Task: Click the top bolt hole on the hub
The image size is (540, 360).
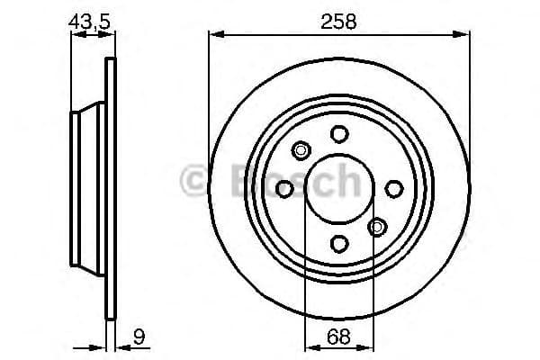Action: (338, 134)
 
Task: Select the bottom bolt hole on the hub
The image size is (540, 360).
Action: (338, 243)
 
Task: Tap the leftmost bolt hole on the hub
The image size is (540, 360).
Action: (284, 188)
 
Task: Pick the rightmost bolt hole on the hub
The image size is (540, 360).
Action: (393, 188)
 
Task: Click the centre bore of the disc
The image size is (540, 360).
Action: (338, 188)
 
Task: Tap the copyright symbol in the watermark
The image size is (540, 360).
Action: (195, 181)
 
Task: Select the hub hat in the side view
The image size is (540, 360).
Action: (88, 188)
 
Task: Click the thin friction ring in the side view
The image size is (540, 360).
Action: (112, 188)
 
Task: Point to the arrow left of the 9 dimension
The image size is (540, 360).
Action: (100, 347)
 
